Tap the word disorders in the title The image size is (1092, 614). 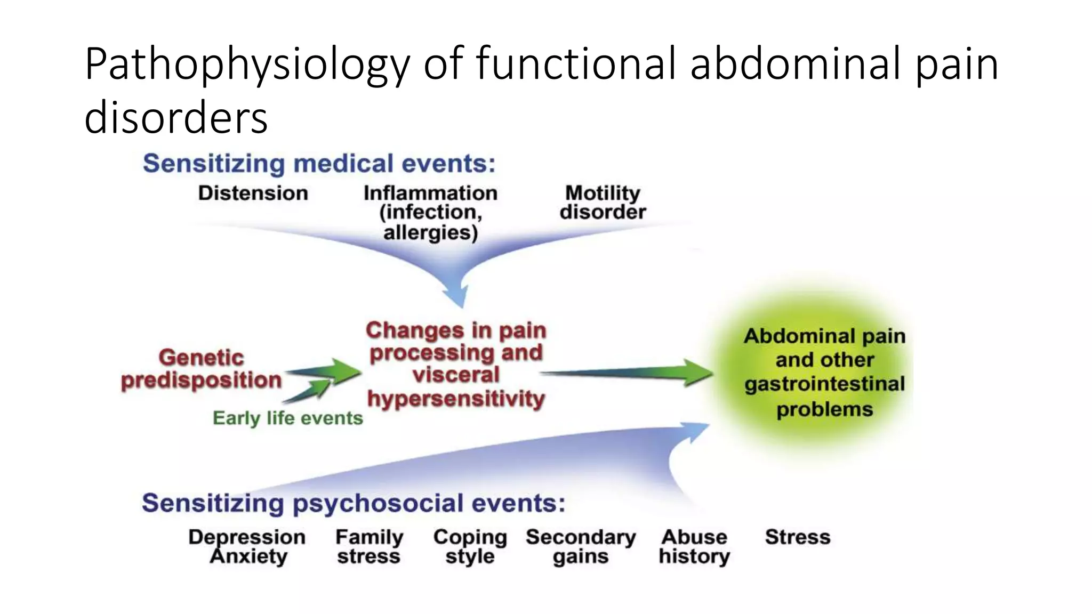(176, 118)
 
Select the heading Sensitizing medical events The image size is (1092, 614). (319, 164)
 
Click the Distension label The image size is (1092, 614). (253, 193)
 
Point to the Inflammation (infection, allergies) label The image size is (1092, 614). (430, 212)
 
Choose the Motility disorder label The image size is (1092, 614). (603, 203)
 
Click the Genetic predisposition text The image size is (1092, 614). (201, 369)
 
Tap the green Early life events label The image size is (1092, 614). (287, 418)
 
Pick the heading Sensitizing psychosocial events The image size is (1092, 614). (353, 503)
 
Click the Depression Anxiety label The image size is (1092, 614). (247, 546)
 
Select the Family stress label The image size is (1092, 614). (369, 546)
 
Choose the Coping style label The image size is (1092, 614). (470, 546)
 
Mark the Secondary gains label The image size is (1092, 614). (581, 546)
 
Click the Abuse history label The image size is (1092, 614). (694, 546)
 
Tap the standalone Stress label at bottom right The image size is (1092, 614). (798, 537)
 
